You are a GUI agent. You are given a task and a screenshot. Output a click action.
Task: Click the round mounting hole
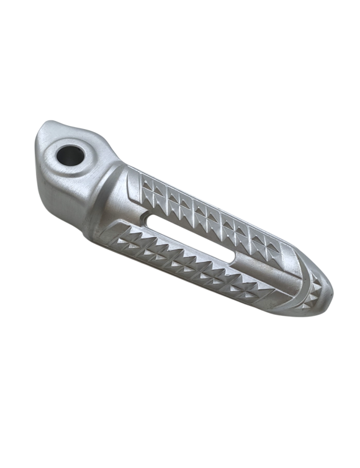[69, 155]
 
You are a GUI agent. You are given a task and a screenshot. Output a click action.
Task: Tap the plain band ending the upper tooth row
[286, 251]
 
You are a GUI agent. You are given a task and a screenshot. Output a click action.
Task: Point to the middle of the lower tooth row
[186, 264]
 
